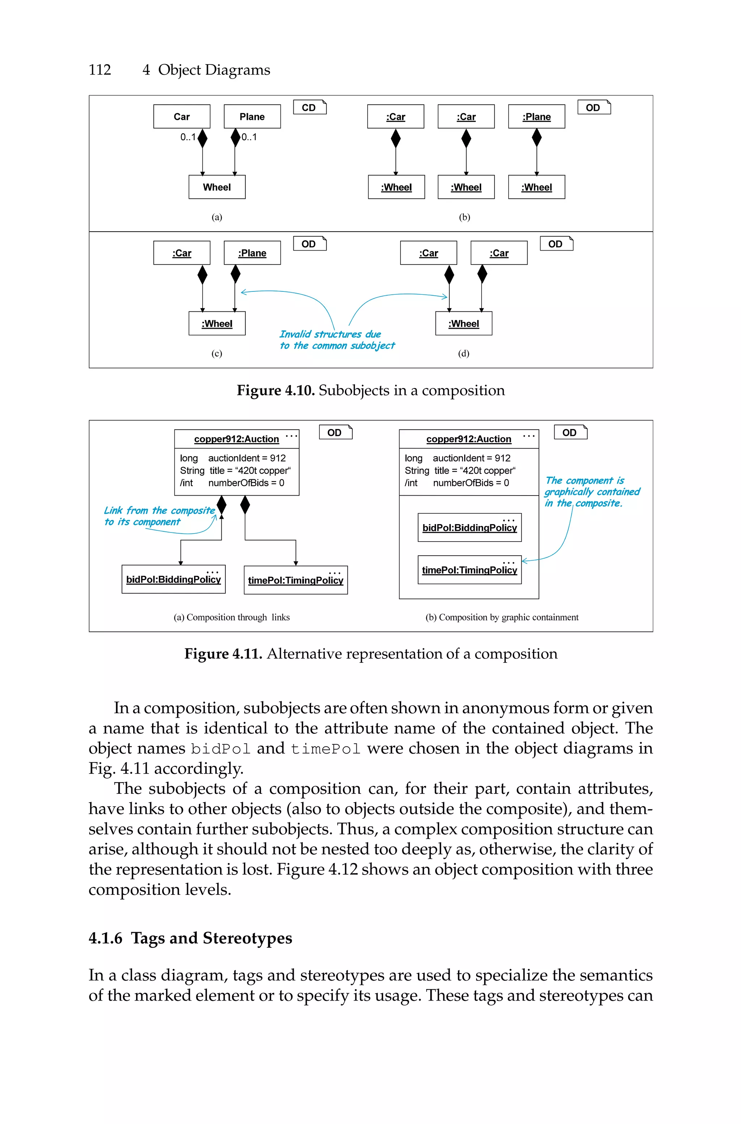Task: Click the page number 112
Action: coord(100,70)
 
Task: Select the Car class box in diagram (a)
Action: coord(182,116)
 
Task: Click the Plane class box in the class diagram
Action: coord(252,116)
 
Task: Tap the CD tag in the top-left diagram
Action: coord(309,107)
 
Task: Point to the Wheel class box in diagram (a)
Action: coord(217,187)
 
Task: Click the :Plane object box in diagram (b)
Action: coord(536,116)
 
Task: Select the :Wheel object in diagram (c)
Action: coord(217,323)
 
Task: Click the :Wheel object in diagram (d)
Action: coord(463,323)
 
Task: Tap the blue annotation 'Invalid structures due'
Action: coord(330,334)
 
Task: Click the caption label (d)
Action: coord(463,354)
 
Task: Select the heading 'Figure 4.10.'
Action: coord(275,391)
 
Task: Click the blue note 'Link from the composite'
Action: coord(159,510)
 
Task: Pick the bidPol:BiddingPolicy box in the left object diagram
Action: coord(173,579)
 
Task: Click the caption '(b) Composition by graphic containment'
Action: coord(502,617)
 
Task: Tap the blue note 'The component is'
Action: coord(585,480)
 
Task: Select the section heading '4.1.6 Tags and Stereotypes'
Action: coord(190,938)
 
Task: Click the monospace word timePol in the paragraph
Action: coord(326,749)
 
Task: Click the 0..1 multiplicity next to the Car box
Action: coord(188,137)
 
